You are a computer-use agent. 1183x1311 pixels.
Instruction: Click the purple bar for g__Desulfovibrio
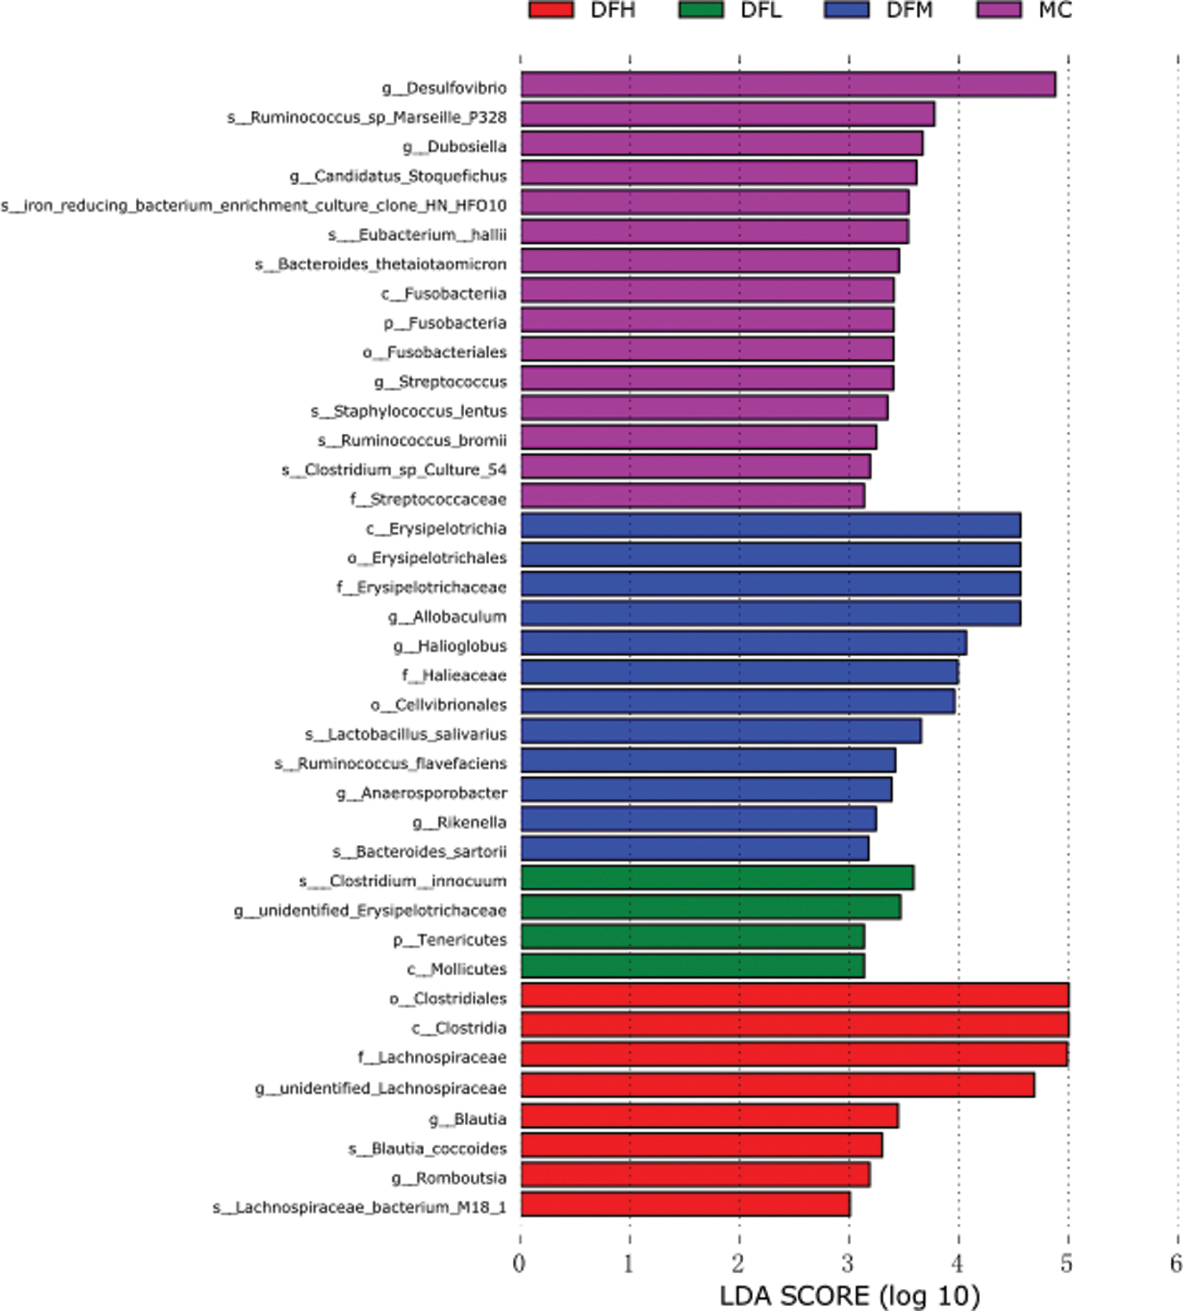tap(787, 85)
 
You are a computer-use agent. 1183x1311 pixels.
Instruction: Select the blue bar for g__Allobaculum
tap(770, 614)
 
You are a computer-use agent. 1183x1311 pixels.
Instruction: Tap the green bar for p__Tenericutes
tap(692, 937)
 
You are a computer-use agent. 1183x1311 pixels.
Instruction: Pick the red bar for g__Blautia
tap(708, 1117)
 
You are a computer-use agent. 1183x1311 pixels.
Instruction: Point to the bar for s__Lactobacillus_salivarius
tap(720, 732)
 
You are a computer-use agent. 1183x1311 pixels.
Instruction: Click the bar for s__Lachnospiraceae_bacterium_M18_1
tap(684, 1205)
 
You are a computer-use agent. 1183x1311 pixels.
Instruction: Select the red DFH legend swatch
tap(551, 10)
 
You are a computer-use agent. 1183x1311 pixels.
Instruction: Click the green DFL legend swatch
tap(700, 10)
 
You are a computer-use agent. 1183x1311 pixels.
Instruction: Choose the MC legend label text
tap(1055, 10)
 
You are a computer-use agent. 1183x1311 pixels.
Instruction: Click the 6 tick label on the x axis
tap(1176, 1265)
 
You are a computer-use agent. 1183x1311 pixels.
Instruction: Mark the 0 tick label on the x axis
tap(519, 1265)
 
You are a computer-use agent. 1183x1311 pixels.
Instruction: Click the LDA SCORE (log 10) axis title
tap(849, 1295)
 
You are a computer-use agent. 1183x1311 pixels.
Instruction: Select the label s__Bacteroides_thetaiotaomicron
tap(381, 264)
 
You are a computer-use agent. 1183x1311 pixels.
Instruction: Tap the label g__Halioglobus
tap(450, 646)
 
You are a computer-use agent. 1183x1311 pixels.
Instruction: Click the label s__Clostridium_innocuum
tap(403, 881)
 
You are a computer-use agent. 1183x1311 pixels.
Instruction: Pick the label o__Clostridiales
tap(448, 999)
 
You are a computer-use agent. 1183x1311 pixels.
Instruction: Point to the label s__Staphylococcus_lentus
tap(408, 411)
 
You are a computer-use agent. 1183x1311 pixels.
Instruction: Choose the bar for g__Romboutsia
tap(694, 1175)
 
